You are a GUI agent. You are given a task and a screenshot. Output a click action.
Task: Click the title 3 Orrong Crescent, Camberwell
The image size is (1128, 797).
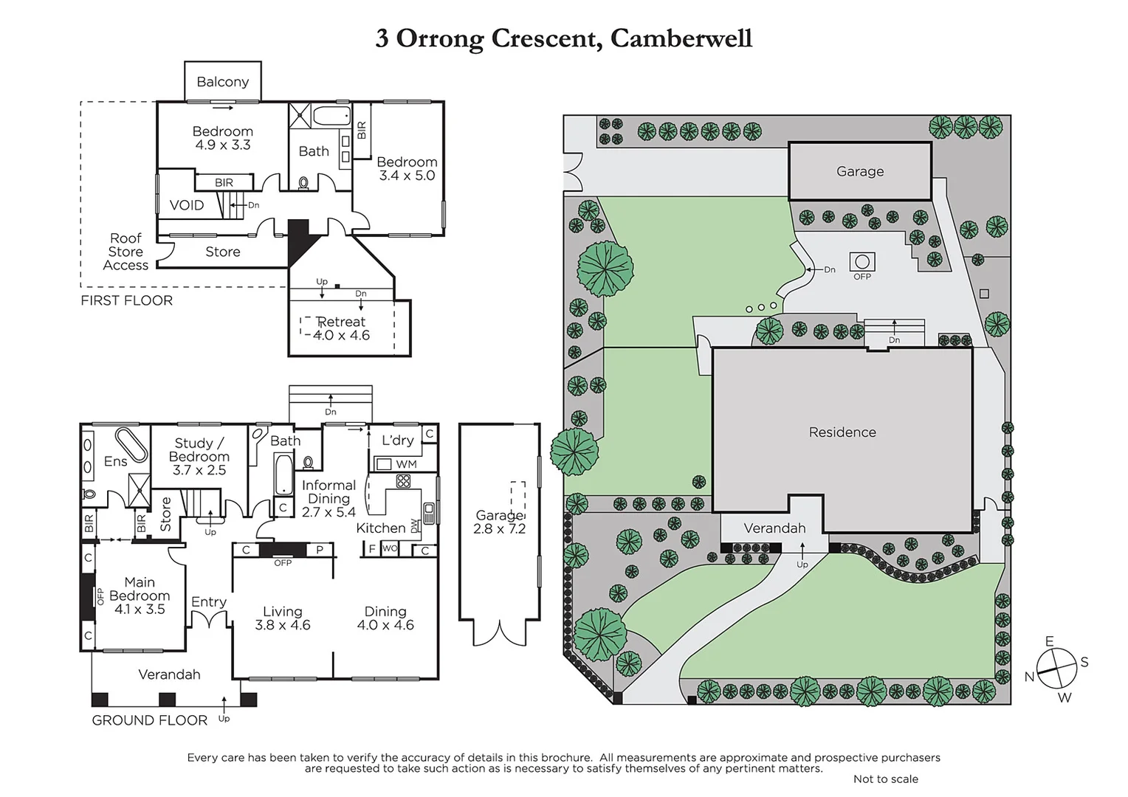(563, 38)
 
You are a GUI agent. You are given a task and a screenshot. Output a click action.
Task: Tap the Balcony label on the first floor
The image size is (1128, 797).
(222, 82)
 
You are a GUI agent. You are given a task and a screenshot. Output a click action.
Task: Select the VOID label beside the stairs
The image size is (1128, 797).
(186, 205)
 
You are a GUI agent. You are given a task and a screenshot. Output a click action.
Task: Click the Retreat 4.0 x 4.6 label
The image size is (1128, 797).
(341, 328)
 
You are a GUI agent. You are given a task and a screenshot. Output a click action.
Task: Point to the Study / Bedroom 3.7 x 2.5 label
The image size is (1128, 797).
(199, 456)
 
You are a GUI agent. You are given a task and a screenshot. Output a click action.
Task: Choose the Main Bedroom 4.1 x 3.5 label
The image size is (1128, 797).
(140, 596)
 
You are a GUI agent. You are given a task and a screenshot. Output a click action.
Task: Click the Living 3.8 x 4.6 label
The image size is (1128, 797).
(283, 618)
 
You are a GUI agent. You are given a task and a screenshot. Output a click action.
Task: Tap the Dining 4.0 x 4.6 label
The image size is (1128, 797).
(385, 618)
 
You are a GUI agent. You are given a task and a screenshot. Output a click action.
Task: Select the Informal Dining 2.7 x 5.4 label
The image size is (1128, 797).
(329, 498)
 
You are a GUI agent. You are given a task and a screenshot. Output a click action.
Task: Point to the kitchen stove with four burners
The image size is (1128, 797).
(403, 481)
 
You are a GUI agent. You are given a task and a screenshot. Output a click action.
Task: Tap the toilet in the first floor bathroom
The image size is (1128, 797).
(303, 182)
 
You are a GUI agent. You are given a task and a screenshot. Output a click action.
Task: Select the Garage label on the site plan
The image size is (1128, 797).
(860, 171)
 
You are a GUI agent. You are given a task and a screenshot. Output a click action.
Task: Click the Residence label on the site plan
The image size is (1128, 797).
(842, 432)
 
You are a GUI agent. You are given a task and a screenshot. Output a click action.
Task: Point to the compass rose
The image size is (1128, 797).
(1056, 668)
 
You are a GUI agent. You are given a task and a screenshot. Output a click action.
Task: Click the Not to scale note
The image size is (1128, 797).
(885, 779)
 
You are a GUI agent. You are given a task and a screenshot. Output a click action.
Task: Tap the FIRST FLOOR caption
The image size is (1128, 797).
(126, 300)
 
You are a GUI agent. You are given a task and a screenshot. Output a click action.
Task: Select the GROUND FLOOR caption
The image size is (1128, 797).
(149, 720)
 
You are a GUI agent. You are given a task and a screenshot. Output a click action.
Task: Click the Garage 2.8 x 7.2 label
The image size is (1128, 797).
(500, 522)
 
